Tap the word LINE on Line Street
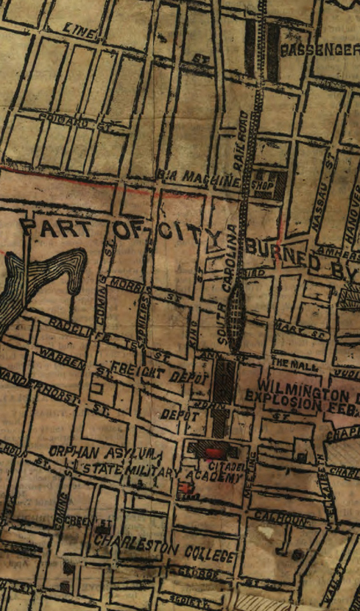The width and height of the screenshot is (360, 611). pos(82,32)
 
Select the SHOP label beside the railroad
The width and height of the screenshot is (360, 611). pos(264,185)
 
